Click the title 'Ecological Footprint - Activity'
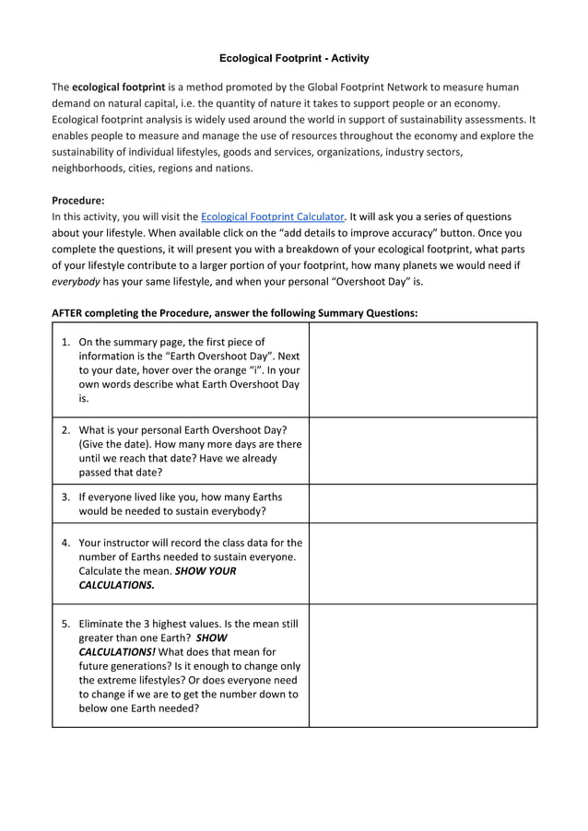(294, 58)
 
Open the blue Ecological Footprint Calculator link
(273, 217)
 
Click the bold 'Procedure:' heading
(78, 200)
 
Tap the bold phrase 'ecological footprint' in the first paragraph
(118, 88)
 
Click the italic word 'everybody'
(76, 282)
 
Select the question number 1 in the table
(65, 342)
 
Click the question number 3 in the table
(65, 497)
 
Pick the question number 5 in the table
(65, 624)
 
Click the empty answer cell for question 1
(422, 370)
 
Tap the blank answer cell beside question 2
(422, 451)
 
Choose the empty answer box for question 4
(422, 563)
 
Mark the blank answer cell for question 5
(422, 665)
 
